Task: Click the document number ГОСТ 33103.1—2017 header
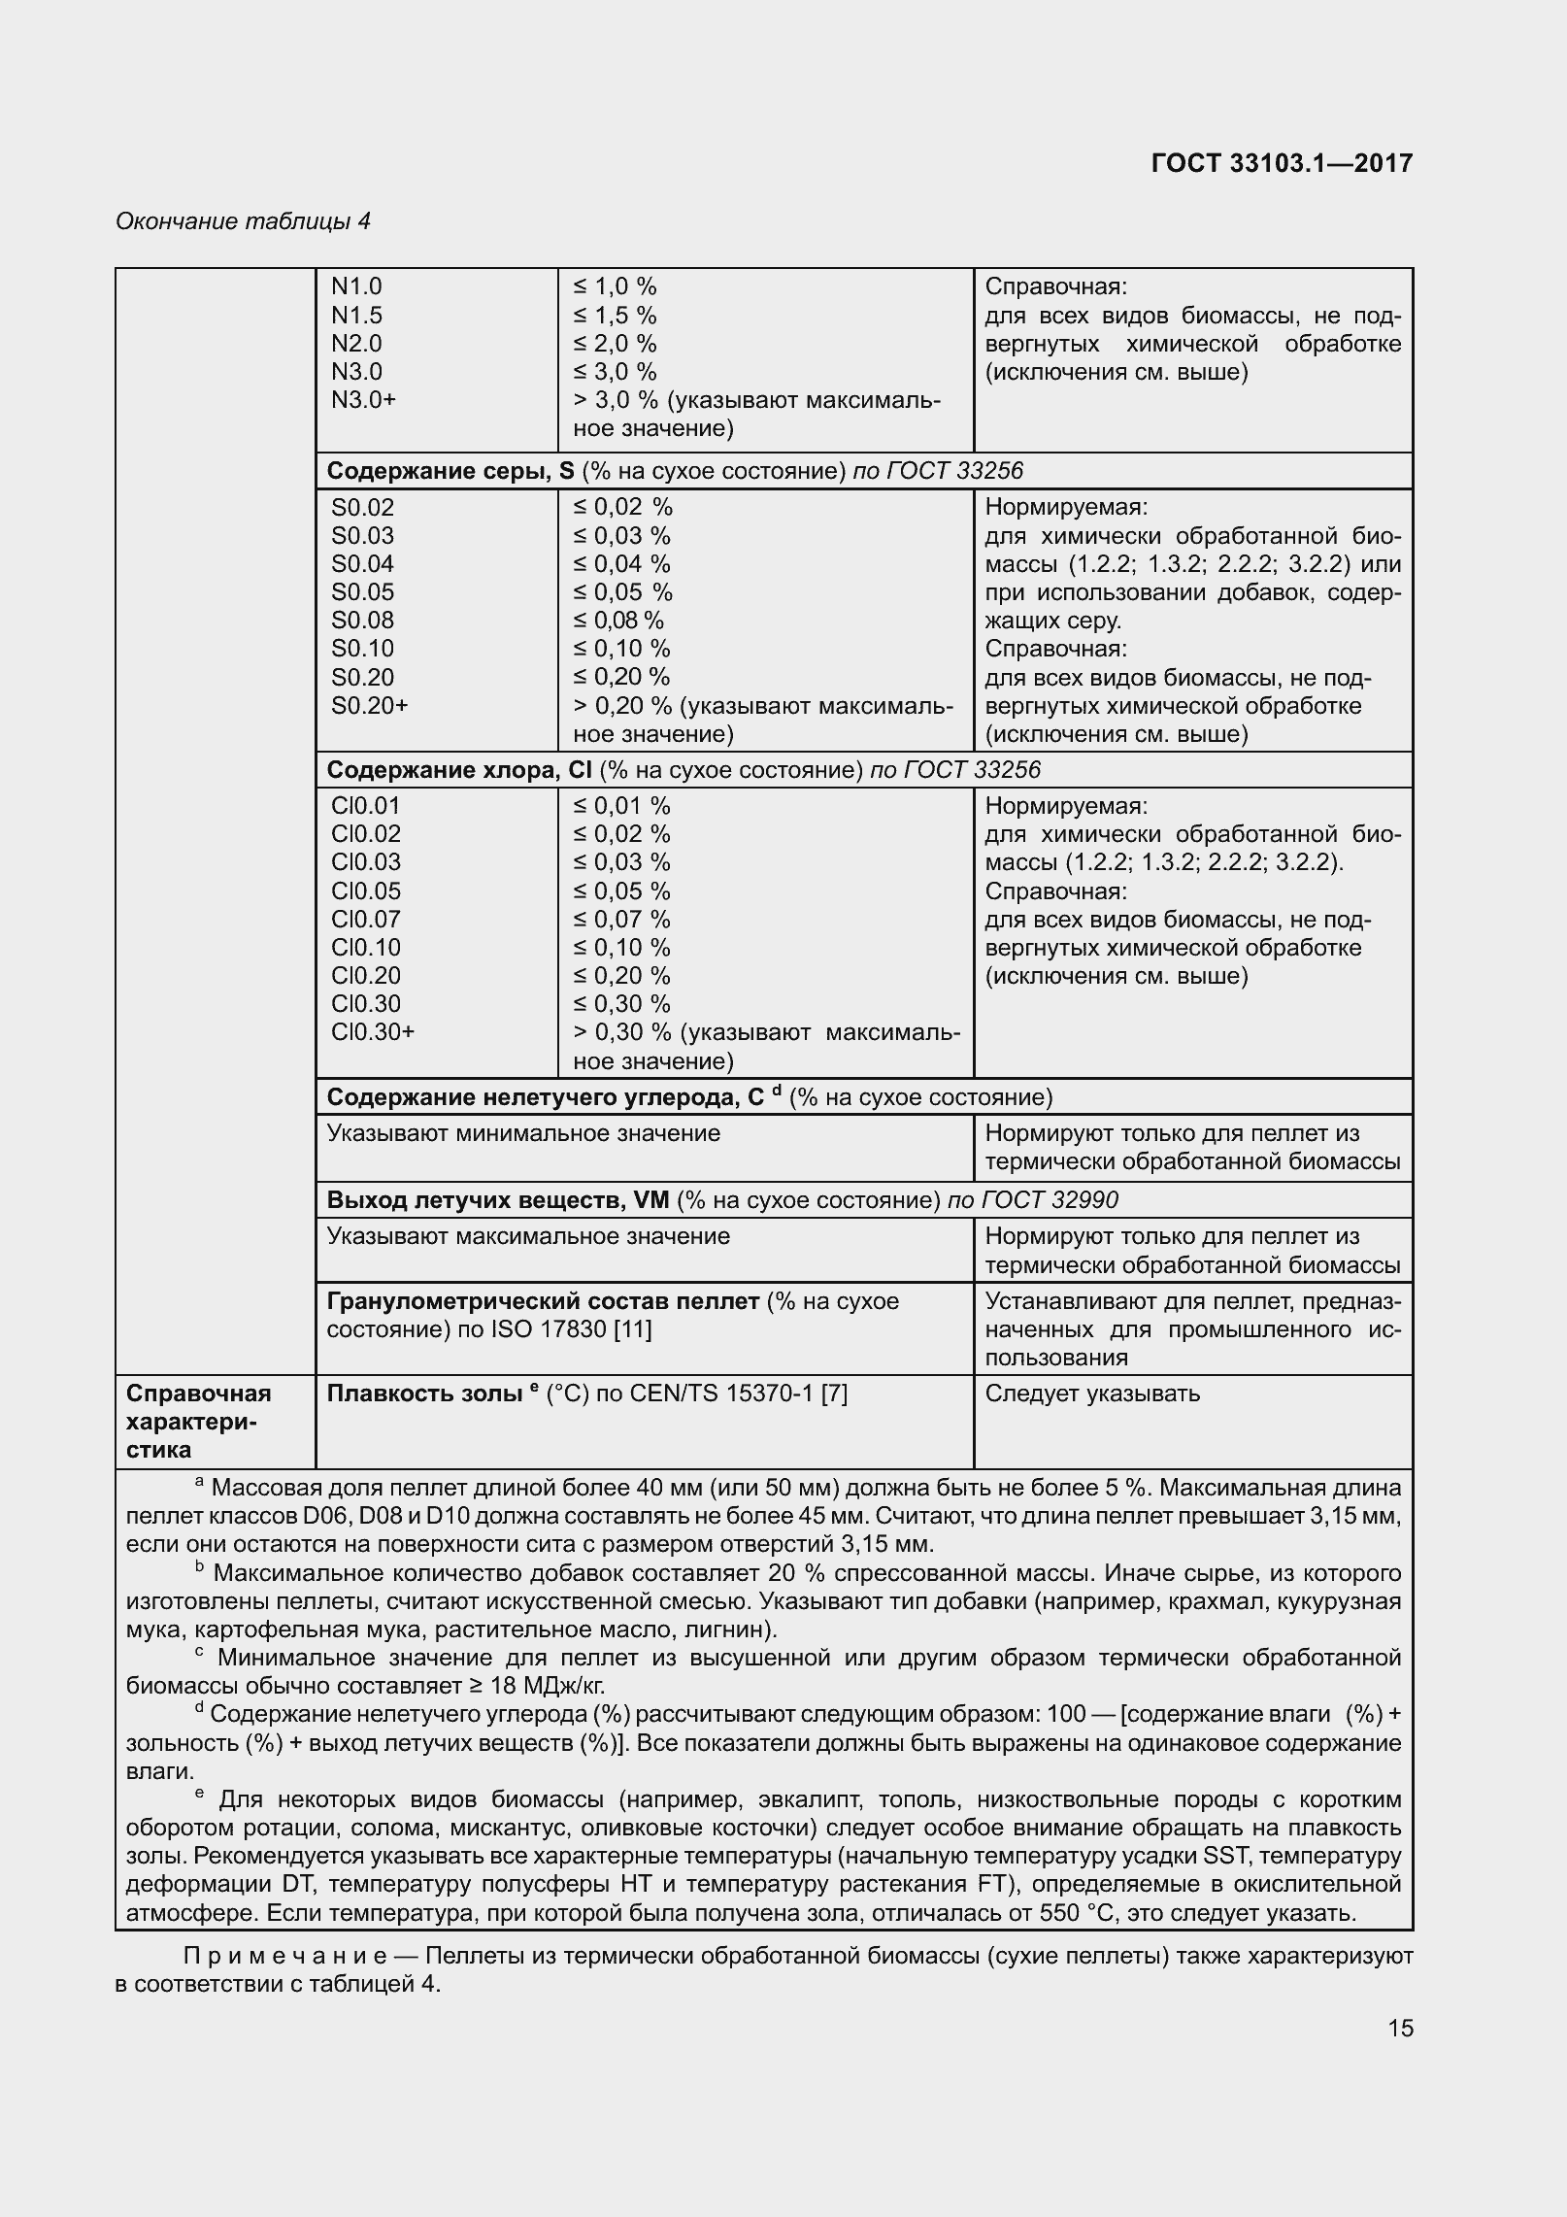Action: (1282, 163)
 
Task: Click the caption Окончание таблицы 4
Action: (243, 221)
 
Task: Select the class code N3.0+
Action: (363, 400)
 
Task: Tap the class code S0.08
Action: (362, 621)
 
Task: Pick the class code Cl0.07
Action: (365, 920)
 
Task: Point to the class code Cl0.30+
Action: (372, 1032)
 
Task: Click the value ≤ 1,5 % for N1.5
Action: (615, 316)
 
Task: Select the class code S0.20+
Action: (369, 706)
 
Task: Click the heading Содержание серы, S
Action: (450, 472)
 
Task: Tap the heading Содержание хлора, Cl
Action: (458, 771)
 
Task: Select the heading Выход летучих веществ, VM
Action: (497, 1201)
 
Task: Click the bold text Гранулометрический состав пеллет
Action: (543, 1302)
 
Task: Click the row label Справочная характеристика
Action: (198, 1422)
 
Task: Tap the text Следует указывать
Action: (1092, 1394)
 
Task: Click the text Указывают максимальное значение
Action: (528, 1237)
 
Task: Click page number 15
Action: (1400, 2029)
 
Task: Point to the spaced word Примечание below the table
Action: (285, 1956)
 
